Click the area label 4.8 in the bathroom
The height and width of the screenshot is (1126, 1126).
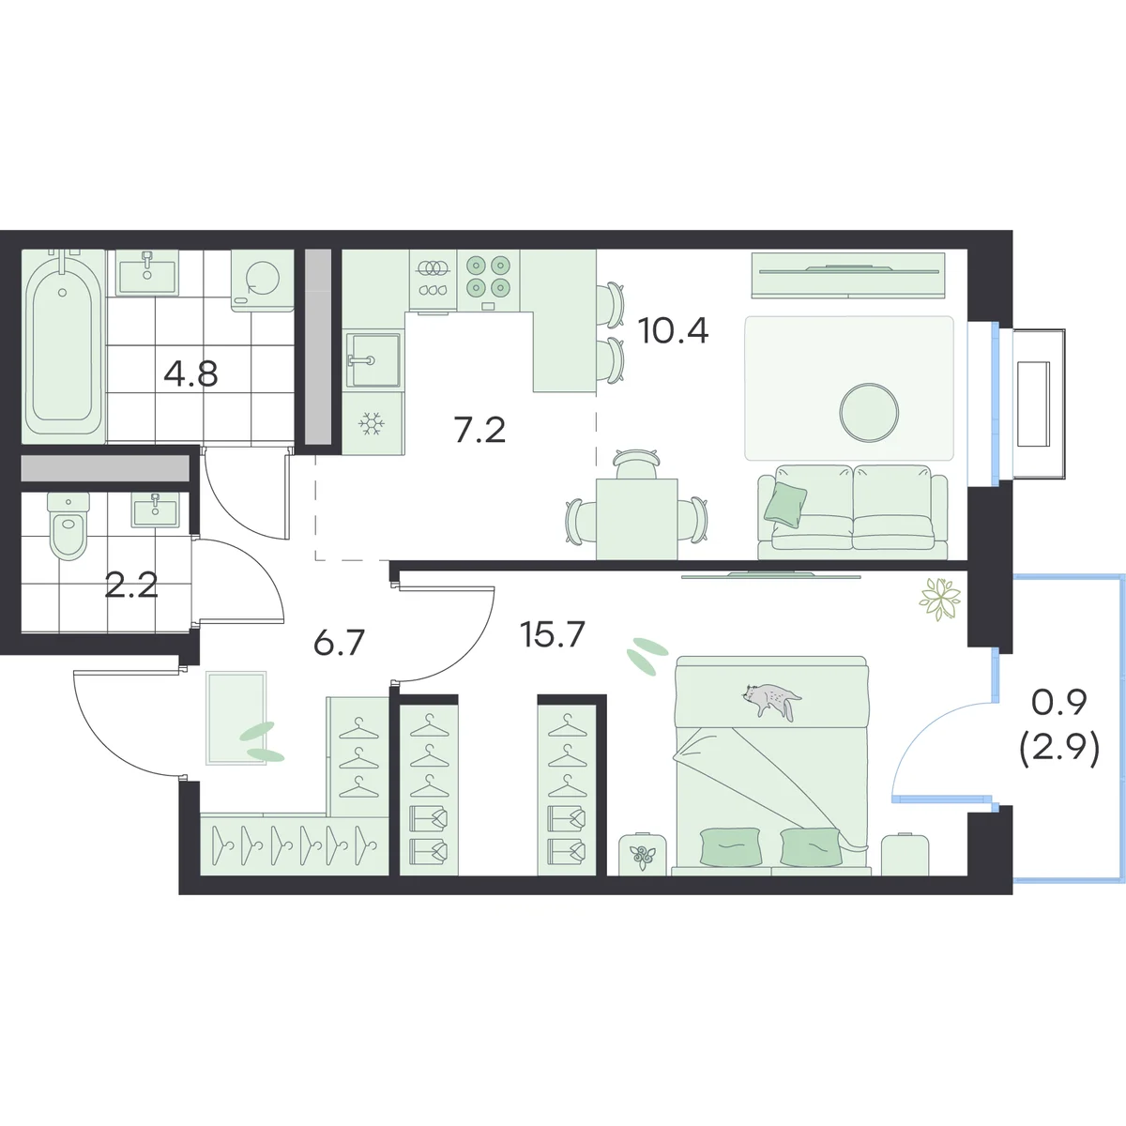pos(190,374)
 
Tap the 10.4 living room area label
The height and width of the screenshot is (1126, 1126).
pos(673,330)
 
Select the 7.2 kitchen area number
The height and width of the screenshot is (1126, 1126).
pos(479,430)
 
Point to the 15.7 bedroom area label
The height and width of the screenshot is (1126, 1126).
pos(552,634)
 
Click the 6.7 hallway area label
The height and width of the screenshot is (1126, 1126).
pos(339,642)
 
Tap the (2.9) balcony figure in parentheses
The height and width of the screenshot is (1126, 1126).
pos(1059,752)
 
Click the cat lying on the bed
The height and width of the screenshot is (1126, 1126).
pos(770,699)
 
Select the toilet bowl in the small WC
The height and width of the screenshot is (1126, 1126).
pos(68,525)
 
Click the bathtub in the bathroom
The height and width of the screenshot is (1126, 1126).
pos(64,344)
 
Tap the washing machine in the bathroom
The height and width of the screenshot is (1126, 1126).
pos(262,281)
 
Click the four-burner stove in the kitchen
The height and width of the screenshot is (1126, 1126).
pos(489,280)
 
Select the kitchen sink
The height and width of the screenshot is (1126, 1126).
pos(373,360)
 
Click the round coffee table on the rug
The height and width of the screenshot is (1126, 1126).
pos(869,413)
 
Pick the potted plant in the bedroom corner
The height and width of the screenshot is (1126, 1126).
pos(940,600)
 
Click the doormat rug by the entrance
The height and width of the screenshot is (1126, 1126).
pos(236,718)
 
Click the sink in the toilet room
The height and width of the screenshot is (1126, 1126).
pos(155,510)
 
